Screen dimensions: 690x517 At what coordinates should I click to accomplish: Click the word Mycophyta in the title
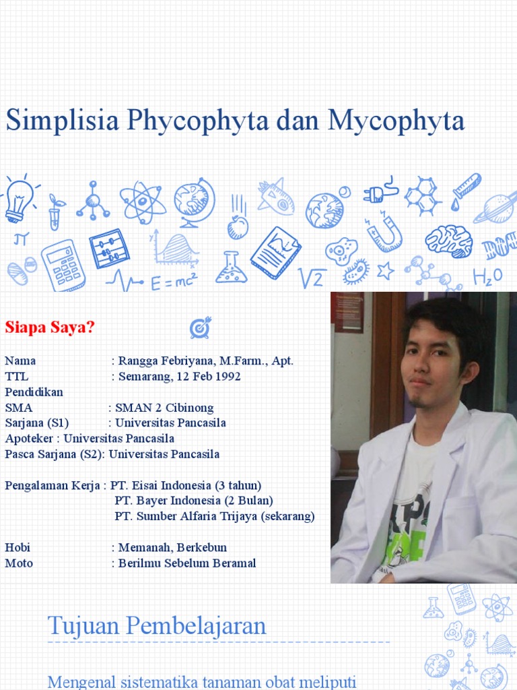point(397,121)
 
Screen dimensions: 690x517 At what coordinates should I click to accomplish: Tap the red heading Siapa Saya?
point(50,327)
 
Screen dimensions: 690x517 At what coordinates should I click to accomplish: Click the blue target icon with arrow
point(200,327)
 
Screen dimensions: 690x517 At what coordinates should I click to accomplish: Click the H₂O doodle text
point(487,276)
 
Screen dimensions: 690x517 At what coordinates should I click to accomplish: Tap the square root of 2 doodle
point(312,277)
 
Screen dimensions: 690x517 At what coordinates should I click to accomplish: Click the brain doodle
point(448,241)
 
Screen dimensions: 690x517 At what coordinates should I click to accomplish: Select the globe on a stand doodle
point(194,199)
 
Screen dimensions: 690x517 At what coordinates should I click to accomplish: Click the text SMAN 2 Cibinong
point(164,407)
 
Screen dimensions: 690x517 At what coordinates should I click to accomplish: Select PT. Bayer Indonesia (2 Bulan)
point(194,501)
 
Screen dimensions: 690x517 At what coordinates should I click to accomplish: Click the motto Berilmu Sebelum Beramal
point(187,563)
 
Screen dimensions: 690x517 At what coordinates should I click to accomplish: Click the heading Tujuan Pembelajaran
point(157,626)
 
